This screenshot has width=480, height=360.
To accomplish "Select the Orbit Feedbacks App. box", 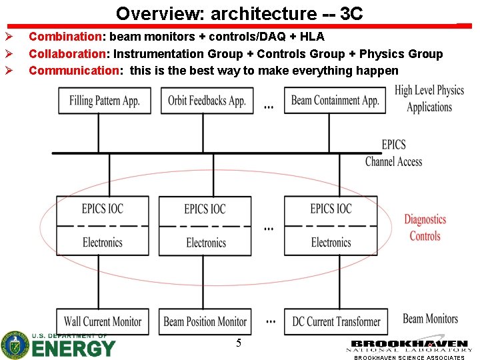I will [207, 101].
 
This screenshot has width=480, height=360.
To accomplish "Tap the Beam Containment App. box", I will [335, 101].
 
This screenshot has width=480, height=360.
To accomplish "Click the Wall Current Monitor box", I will [103, 321].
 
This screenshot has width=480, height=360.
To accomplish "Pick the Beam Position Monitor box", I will [205, 321].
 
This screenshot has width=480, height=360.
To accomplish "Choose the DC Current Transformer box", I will [336, 321].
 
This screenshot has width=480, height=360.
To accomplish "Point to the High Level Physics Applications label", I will [429, 98].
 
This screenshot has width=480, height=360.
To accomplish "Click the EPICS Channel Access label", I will [393, 153].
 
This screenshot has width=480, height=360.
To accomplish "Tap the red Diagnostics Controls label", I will [425, 227].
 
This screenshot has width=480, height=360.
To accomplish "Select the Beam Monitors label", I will [430, 319].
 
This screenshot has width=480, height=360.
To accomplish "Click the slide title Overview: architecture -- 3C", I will [239, 13].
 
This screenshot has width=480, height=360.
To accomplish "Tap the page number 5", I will [239, 343].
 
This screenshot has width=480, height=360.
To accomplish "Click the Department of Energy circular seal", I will [14, 345].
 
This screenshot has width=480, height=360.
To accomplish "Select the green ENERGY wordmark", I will [73, 348].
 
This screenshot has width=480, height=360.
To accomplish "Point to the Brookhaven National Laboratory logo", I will [409, 345].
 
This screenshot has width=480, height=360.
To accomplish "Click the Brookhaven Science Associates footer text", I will [409, 357].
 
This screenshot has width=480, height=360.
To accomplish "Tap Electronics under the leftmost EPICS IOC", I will [103, 243].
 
